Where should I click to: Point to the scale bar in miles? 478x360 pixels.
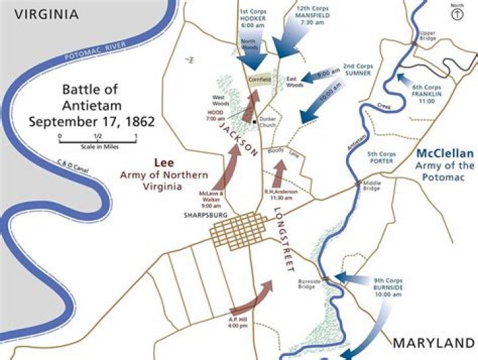coord(98,139)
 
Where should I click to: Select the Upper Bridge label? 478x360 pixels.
coord(428,35)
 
